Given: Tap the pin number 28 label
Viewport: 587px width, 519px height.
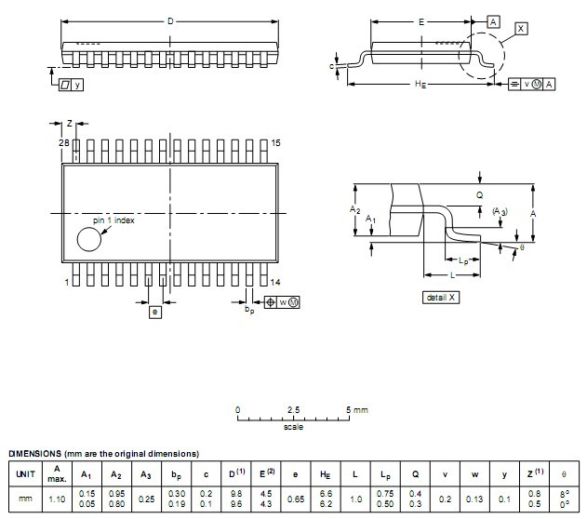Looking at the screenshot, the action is (64, 142).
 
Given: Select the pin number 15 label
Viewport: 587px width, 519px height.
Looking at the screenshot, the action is (276, 143).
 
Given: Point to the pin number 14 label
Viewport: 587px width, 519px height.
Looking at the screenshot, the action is (275, 282).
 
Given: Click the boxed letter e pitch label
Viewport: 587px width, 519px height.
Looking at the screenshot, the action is (155, 313).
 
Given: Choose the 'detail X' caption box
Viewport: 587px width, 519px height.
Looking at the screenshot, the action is (441, 298).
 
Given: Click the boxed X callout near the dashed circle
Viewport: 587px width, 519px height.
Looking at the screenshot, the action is (521, 29).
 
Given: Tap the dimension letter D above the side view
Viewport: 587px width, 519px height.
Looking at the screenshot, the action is (170, 21).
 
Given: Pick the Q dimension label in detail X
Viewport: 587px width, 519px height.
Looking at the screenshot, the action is (480, 195).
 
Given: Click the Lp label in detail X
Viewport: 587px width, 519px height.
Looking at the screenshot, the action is (463, 260).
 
